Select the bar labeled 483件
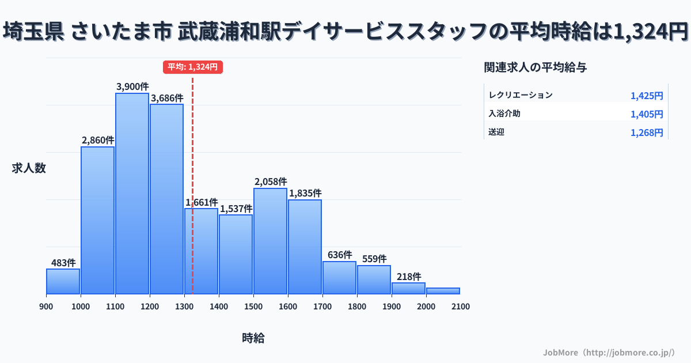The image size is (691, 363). coord(63,281)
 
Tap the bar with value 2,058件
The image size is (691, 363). coord(270,241)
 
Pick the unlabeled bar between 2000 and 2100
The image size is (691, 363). coord(443,291)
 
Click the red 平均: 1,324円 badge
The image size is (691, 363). coord(192,67)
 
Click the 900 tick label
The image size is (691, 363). coord(46,307)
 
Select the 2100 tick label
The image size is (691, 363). coord(460,307)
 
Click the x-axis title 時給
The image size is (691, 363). coord(253,338)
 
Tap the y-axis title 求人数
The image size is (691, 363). coord(29,168)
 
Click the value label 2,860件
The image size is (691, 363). coord(98,140)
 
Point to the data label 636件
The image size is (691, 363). coord(339,255)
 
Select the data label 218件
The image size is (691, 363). coord(408,277)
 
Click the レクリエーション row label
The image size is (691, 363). coord(520,95)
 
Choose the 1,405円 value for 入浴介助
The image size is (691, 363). coord(647,114)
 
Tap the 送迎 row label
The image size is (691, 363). coord(496,133)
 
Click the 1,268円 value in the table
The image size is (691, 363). coord(647,133)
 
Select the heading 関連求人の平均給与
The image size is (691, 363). coord(536,67)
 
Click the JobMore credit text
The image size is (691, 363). coord(609,352)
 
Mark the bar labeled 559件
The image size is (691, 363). coord(374,279)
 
